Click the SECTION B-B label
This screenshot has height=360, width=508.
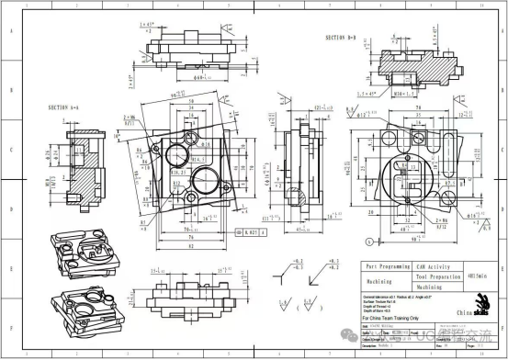coord(345,38)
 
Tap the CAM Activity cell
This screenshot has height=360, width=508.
coord(435,266)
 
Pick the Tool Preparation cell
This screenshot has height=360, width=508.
coord(435,276)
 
